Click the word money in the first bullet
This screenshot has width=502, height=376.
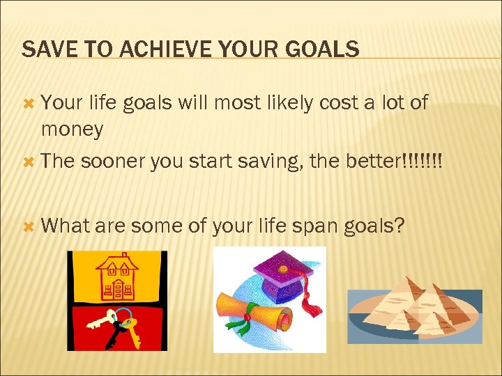[73, 129]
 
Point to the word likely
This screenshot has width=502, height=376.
[274, 103]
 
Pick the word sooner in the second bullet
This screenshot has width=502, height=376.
[112, 161]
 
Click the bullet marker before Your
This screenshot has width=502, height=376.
[29, 103]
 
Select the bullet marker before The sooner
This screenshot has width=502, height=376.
[29, 161]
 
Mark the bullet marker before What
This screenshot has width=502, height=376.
[29, 226]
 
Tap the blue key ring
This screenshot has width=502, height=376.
[123, 317]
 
